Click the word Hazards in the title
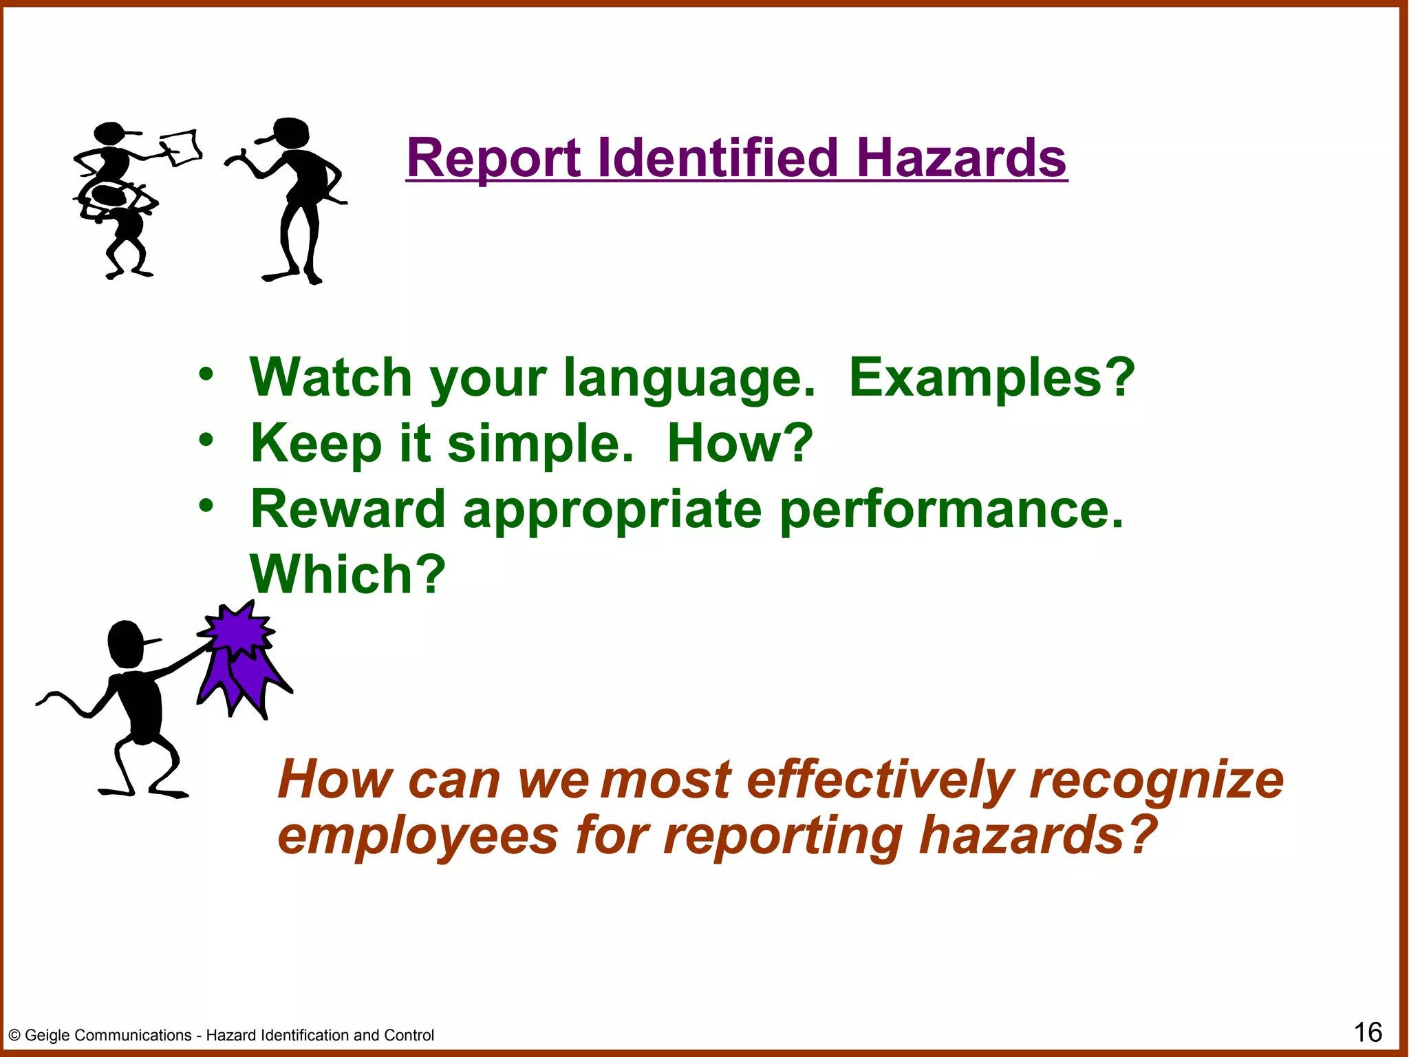tap(961, 158)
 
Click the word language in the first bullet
tap(689, 378)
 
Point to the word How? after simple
tap(740, 443)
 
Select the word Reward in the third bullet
tap(347, 509)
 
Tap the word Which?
tap(347, 574)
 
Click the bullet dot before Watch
tap(206, 375)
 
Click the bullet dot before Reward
tap(206, 506)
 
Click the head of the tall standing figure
tap(290, 132)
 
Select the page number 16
tap(1368, 1032)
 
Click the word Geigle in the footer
tap(52, 1035)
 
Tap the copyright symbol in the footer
tap(14, 1035)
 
